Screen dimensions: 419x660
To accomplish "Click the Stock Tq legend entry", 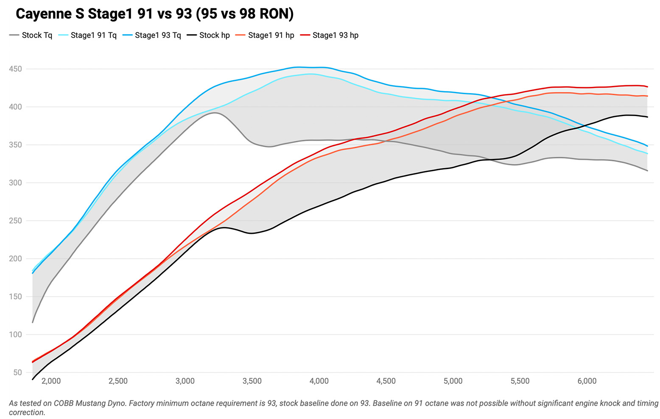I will coord(36,35).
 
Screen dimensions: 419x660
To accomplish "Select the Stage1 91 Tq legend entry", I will coord(93,35).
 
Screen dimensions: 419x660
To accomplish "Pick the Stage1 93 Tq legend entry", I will coord(158,35).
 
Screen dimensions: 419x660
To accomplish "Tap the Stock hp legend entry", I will coord(214,35).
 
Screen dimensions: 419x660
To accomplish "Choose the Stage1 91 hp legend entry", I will coord(271,35).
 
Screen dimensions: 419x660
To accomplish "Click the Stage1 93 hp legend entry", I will coord(335,35).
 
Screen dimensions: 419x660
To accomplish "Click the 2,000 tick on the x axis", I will coord(51,381).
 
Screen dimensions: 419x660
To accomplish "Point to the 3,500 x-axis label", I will coord(252,381).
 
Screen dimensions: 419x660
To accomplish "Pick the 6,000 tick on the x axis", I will coord(587,381).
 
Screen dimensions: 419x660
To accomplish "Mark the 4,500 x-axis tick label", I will coord(386,381).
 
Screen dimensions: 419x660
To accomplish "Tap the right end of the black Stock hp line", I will coord(647,117).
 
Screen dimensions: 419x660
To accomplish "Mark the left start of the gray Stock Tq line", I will coord(33,322).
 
